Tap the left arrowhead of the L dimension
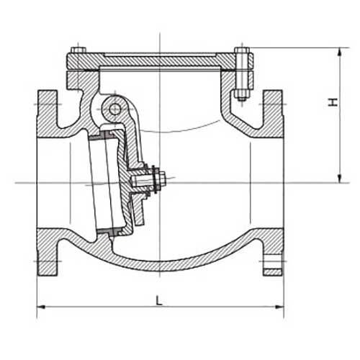pyautogui.click(x=42, y=307)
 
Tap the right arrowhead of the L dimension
pyautogui.click(x=279, y=307)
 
